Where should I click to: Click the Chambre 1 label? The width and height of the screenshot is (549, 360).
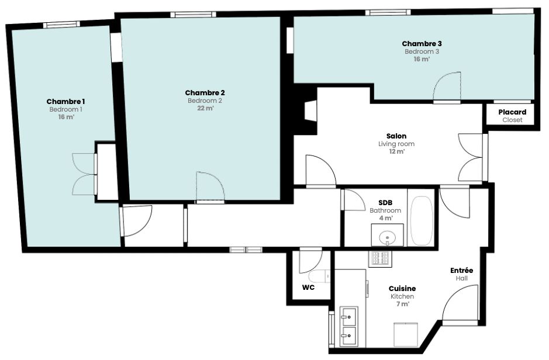pos(66,102)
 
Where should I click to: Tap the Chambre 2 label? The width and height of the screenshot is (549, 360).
pos(205,93)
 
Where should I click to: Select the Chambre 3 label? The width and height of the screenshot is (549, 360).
pos(422,44)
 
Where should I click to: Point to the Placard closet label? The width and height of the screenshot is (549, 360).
pos(512,112)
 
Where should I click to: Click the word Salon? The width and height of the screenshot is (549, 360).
pos(396,136)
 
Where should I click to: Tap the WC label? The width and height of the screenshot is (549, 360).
pos(308,288)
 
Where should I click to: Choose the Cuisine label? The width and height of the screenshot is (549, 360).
pos(402,289)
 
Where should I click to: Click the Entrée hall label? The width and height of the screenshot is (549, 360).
pos(461,271)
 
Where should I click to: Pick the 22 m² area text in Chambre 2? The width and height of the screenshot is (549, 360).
pos(205,108)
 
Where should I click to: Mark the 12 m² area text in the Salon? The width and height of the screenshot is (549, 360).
pos(396,151)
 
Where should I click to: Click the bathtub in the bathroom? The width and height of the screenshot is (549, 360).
pos(422,221)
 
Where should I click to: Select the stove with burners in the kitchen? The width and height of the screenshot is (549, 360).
pos(380,258)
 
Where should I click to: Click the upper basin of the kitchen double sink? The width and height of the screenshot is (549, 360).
pos(348,316)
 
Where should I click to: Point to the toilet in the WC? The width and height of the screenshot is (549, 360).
pos(320,276)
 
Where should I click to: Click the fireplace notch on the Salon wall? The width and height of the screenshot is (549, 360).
pos(310,111)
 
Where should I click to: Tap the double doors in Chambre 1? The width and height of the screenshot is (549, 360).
pos(84,174)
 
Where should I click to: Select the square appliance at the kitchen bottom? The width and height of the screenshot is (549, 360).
pos(406,335)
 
